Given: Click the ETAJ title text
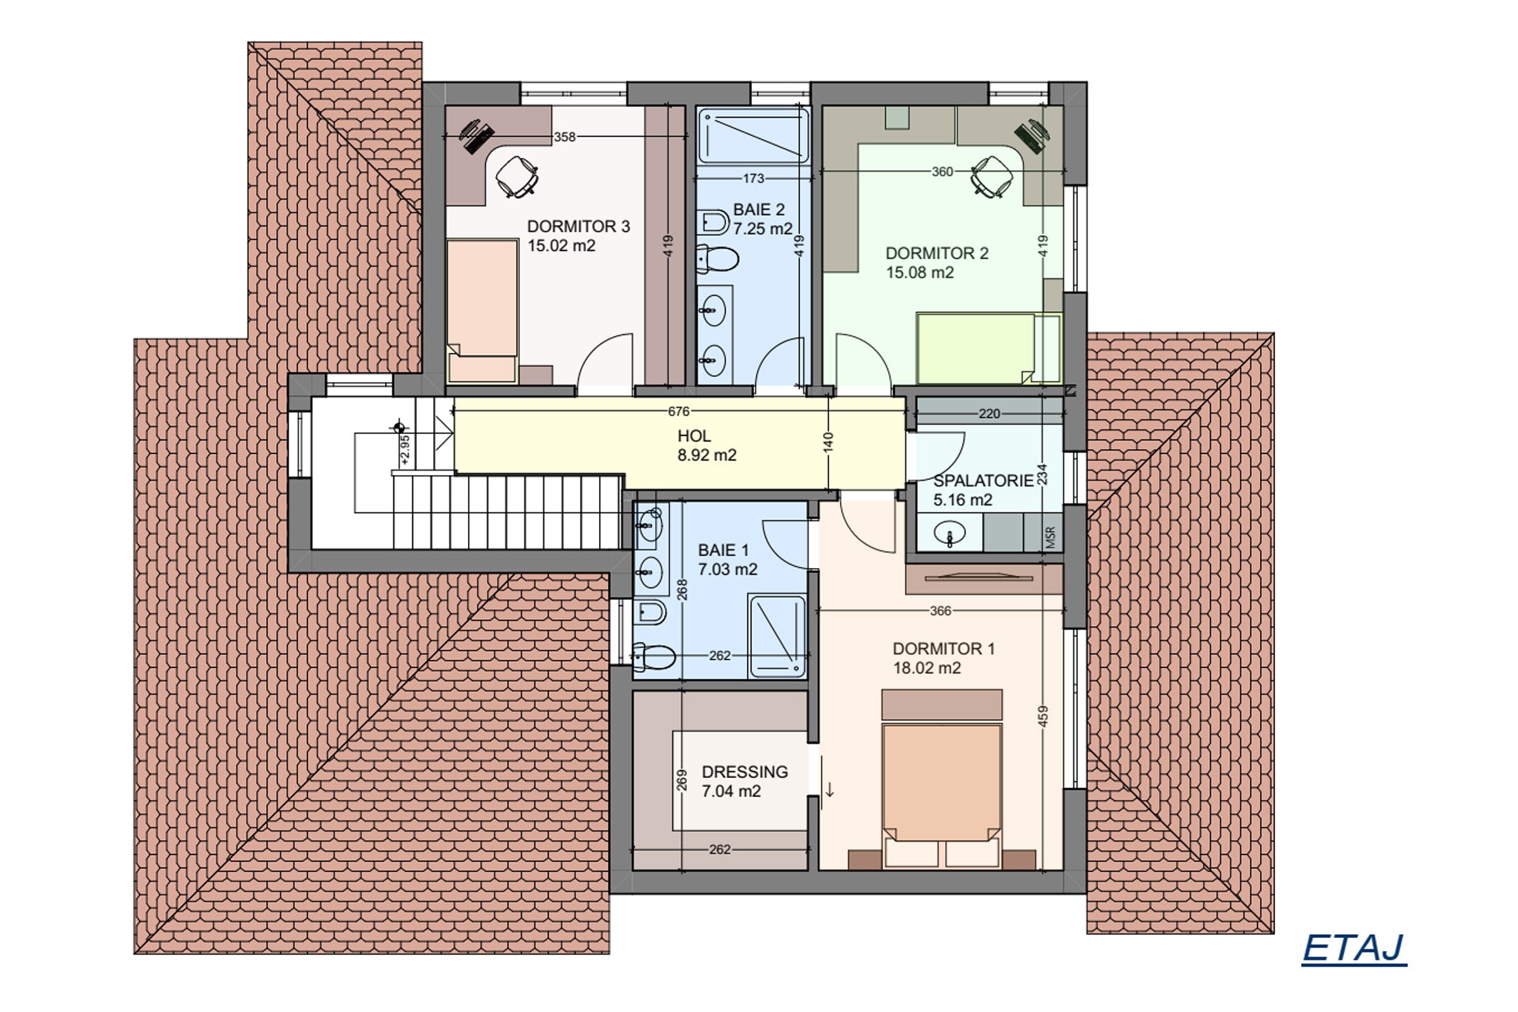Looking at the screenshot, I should click(x=1354, y=948).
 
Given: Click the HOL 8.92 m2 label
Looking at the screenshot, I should click(x=706, y=445).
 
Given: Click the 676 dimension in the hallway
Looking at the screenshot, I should click(x=678, y=411).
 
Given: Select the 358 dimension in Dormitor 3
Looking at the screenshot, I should click(x=565, y=137).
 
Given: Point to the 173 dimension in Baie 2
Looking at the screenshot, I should click(x=753, y=178).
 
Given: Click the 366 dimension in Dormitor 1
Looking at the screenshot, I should click(x=941, y=610).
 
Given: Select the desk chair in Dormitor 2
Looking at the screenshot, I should click(x=990, y=176).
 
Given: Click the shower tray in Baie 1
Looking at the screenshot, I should click(x=777, y=636).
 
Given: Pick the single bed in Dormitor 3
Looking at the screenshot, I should click(x=483, y=310).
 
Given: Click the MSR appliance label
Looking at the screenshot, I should click(x=1049, y=538).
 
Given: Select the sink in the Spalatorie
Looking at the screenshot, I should click(x=949, y=533).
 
